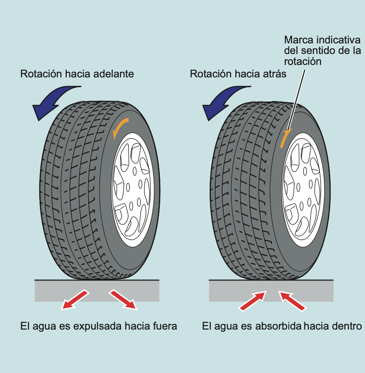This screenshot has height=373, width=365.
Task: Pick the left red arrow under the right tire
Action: [x=252, y=301]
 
